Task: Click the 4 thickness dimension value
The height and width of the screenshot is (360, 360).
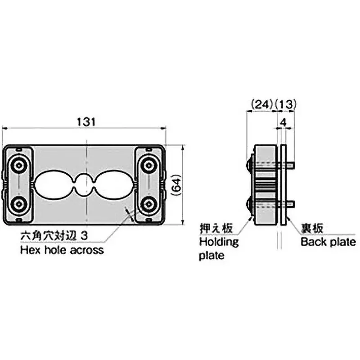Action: (x=283, y=121)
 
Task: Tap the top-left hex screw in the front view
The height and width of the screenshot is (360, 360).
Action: (x=18, y=166)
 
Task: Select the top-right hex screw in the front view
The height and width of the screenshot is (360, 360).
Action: (x=148, y=166)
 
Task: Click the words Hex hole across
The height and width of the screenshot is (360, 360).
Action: (x=62, y=250)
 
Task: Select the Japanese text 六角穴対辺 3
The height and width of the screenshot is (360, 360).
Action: (x=53, y=235)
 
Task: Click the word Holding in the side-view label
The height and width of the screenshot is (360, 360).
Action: (x=219, y=242)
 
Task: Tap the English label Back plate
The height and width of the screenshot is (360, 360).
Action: (x=328, y=242)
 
